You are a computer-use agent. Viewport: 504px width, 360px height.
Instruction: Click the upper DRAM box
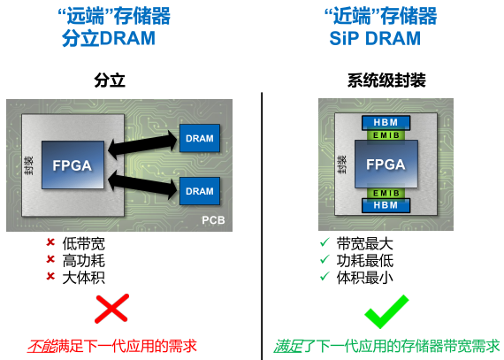(x=200, y=138)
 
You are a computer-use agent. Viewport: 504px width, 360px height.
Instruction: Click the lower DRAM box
(x=200, y=191)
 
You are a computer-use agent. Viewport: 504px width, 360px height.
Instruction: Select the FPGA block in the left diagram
(x=73, y=165)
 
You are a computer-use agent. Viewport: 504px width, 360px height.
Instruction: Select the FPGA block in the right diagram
(x=386, y=164)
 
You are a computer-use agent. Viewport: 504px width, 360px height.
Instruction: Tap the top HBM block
(x=386, y=122)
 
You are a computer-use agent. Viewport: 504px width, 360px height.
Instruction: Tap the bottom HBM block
(x=386, y=205)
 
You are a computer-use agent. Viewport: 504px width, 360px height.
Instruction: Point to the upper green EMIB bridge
(x=386, y=135)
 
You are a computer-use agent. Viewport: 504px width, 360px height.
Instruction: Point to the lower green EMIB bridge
(x=386, y=193)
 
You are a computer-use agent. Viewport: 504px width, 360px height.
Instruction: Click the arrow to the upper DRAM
(x=142, y=145)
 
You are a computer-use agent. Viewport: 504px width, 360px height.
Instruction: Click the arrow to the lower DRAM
(x=142, y=185)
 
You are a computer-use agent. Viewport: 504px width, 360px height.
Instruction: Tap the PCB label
(x=213, y=220)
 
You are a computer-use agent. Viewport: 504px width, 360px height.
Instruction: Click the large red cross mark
(x=112, y=309)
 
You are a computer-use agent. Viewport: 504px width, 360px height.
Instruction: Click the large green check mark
(x=386, y=311)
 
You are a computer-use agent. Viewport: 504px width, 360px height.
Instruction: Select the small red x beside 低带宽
(x=50, y=242)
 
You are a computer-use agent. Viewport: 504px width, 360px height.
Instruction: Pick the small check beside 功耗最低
(x=325, y=259)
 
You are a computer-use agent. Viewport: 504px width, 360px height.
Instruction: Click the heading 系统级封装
(x=386, y=80)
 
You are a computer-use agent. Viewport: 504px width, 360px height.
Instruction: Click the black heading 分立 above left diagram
(x=110, y=80)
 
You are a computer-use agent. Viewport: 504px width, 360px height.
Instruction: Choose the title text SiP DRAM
(x=375, y=39)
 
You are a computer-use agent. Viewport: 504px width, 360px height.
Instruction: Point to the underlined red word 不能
(x=42, y=346)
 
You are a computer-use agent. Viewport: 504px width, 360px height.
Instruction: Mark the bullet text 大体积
(x=84, y=278)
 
